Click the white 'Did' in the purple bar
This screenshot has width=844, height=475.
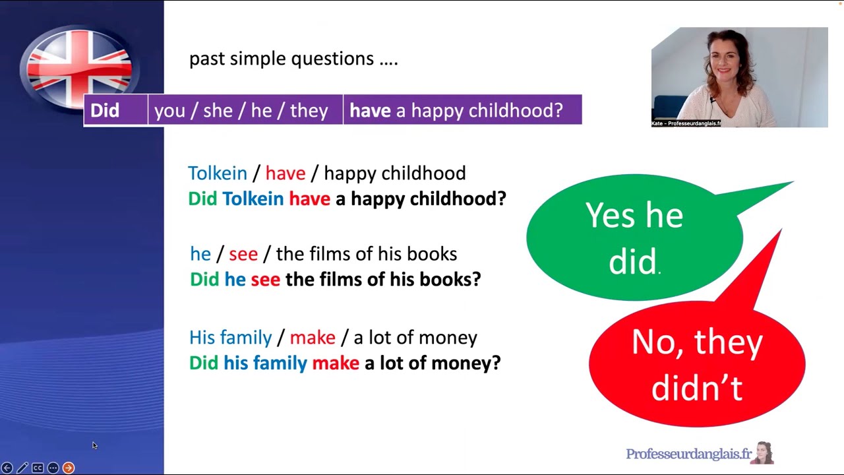pyautogui.click(x=105, y=110)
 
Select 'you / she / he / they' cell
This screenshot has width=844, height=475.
pyautogui.click(x=241, y=110)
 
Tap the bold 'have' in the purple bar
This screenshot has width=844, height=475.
pyautogui.click(x=370, y=110)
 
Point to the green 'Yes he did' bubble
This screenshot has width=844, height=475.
pyautogui.click(x=634, y=237)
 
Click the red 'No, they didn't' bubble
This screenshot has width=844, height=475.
pyautogui.click(x=696, y=364)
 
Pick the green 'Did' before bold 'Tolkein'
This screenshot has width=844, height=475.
pyautogui.click(x=202, y=199)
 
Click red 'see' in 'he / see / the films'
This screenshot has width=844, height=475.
pyautogui.click(x=243, y=254)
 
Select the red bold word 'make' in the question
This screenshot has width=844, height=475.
pyautogui.click(x=336, y=363)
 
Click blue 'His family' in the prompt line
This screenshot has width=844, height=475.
pyautogui.click(x=230, y=338)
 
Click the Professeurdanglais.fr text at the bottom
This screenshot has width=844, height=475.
pyautogui.click(x=688, y=454)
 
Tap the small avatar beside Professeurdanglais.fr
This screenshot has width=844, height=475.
pyautogui.click(x=765, y=453)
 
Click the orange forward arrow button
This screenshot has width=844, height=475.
pyautogui.click(x=69, y=468)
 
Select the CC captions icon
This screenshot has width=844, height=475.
pyautogui.click(x=38, y=468)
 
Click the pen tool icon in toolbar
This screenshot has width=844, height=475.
pyautogui.click(x=22, y=468)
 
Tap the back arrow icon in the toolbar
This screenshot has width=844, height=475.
pyautogui.click(x=7, y=468)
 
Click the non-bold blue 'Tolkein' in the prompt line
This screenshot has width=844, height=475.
pyautogui.click(x=218, y=174)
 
